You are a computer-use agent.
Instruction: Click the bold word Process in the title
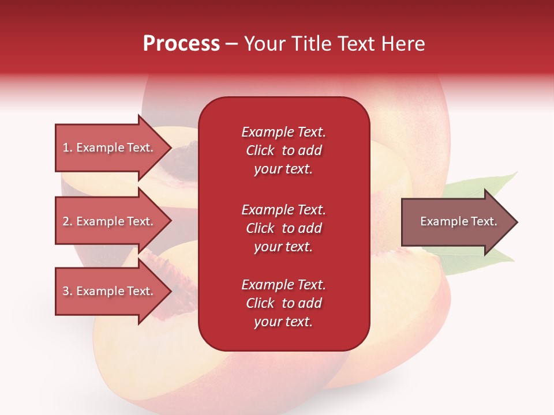click(x=181, y=44)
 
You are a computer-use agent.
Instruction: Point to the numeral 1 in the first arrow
click(x=66, y=148)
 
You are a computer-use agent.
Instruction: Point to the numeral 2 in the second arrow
click(x=66, y=221)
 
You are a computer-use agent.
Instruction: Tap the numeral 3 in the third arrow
click(x=66, y=291)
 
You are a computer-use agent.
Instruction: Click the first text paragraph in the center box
click(x=283, y=150)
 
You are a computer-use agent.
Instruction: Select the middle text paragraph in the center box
click(x=283, y=228)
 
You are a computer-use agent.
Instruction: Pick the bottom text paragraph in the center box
click(x=283, y=303)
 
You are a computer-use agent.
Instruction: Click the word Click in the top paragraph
click(x=260, y=150)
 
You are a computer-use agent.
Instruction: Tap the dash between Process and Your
click(x=231, y=44)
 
